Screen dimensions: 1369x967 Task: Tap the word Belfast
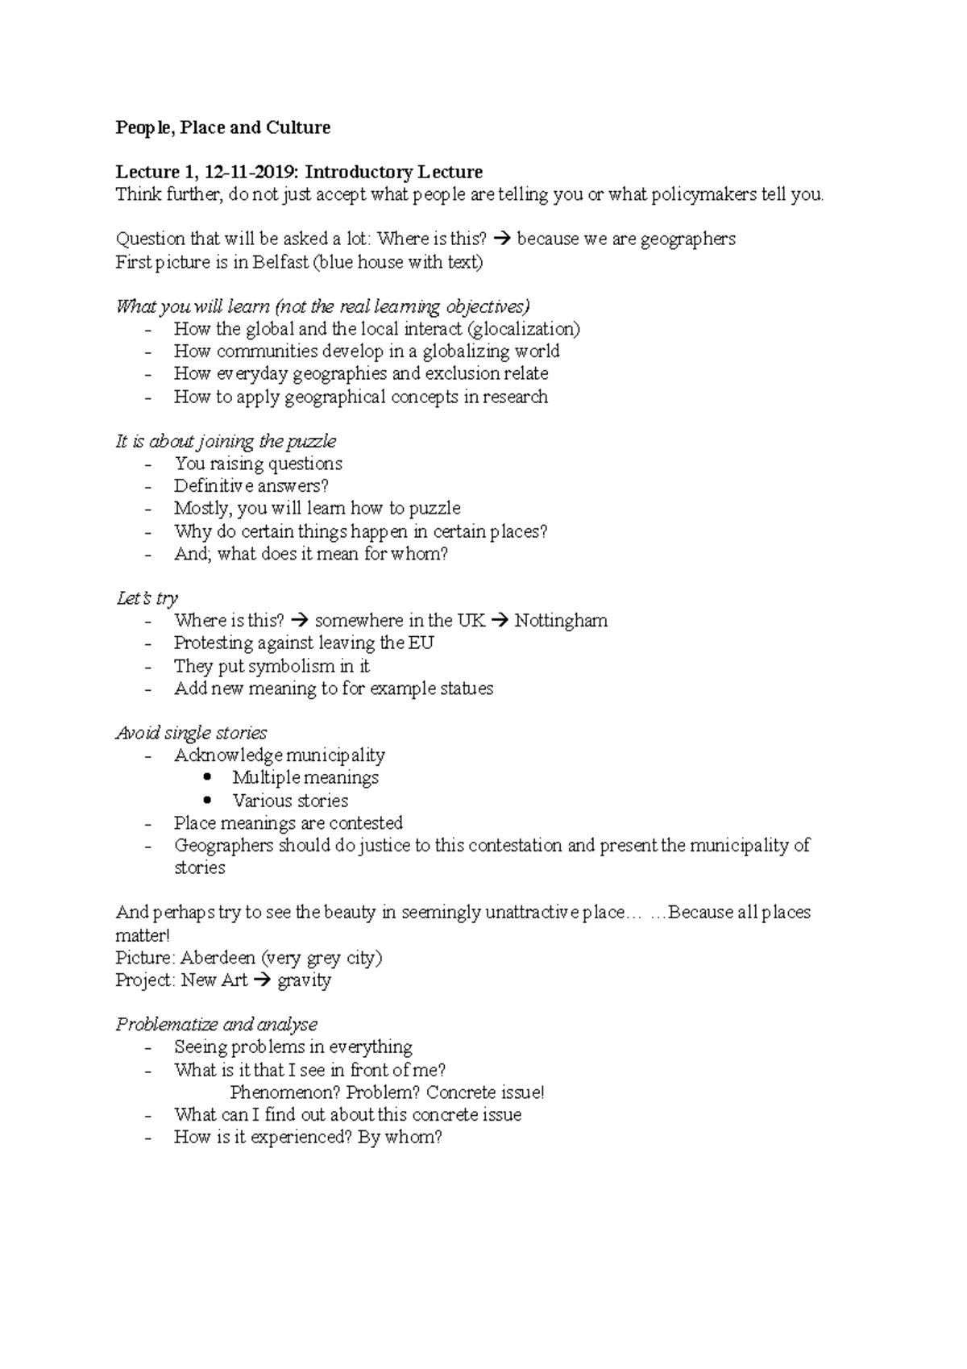click(x=280, y=262)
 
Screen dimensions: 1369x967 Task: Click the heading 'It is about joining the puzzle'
click(x=226, y=441)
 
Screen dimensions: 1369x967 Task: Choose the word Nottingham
click(x=561, y=621)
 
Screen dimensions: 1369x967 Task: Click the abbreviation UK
click(x=471, y=621)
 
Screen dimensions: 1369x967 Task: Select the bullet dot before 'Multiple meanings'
click(x=209, y=777)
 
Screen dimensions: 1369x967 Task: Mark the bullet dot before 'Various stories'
click(x=209, y=801)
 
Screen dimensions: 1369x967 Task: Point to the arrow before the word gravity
click(x=262, y=980)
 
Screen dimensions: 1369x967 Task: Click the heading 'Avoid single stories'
click(x=191, y=733)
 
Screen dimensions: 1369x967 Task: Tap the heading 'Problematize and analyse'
click(x=216, y=1025)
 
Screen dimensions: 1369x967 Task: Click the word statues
click(x=467, y=689)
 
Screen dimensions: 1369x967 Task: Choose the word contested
click(x=365, y=823)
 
